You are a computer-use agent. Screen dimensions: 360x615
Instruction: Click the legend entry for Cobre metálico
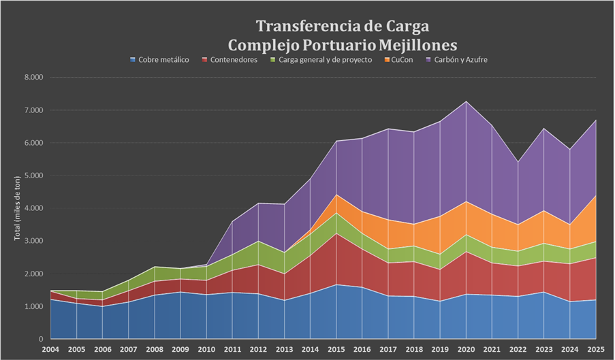click(164, 60)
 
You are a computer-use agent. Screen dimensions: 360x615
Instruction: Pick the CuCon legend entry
click(400, 60)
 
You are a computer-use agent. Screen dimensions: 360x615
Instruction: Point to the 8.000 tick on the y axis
click(33, 78)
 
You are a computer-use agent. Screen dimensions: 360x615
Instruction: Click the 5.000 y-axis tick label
click(33, 176)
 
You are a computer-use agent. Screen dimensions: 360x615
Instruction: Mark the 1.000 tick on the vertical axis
click(33, 306)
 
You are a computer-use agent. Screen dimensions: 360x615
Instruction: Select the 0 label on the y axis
click(41, 339)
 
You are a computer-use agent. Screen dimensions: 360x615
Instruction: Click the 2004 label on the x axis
click(50, 350)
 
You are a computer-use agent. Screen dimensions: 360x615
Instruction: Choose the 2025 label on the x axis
click(597, 350)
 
